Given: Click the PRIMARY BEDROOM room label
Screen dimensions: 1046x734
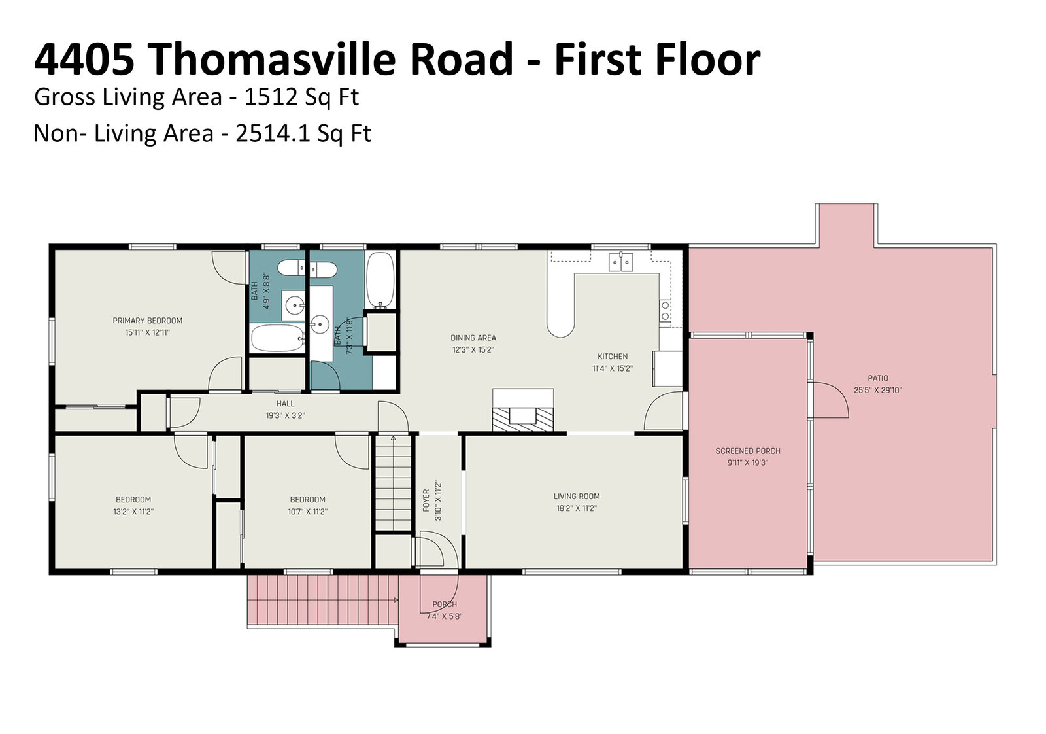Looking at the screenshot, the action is click(x=148, y=321).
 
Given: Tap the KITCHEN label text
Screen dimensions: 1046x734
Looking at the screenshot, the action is click(x=613, y=357).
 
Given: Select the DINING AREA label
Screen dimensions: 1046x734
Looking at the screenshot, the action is click(x=473, y=338).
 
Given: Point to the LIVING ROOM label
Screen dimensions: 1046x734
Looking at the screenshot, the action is click(x=577, y=497).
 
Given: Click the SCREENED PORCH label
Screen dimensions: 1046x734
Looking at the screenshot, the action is click(x=748, y=451).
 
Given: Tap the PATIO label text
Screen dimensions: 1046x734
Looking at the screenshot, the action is click(x=878, y=378).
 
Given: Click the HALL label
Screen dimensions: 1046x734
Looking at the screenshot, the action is click(x=285, y=404).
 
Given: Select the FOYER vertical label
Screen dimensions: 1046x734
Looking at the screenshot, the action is click(x=426, y=500).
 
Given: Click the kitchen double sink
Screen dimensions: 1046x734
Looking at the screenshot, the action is click(x=620, y=262).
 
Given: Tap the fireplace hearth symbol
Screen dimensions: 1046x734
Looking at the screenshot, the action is click(x=523, y=416).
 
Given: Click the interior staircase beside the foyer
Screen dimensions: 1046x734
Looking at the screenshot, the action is click(x=393, y=483).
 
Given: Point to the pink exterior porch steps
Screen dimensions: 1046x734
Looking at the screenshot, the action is click(x=322, y=600).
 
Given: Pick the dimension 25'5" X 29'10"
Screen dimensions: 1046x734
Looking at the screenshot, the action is click(x=878, y=391).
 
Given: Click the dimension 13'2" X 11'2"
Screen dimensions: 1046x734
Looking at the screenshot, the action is click(x=133, y=512).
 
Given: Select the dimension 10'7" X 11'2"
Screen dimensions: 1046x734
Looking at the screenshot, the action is click(x=307, y=512).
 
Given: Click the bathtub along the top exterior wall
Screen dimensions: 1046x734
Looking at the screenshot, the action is click(x=380, y=280).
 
